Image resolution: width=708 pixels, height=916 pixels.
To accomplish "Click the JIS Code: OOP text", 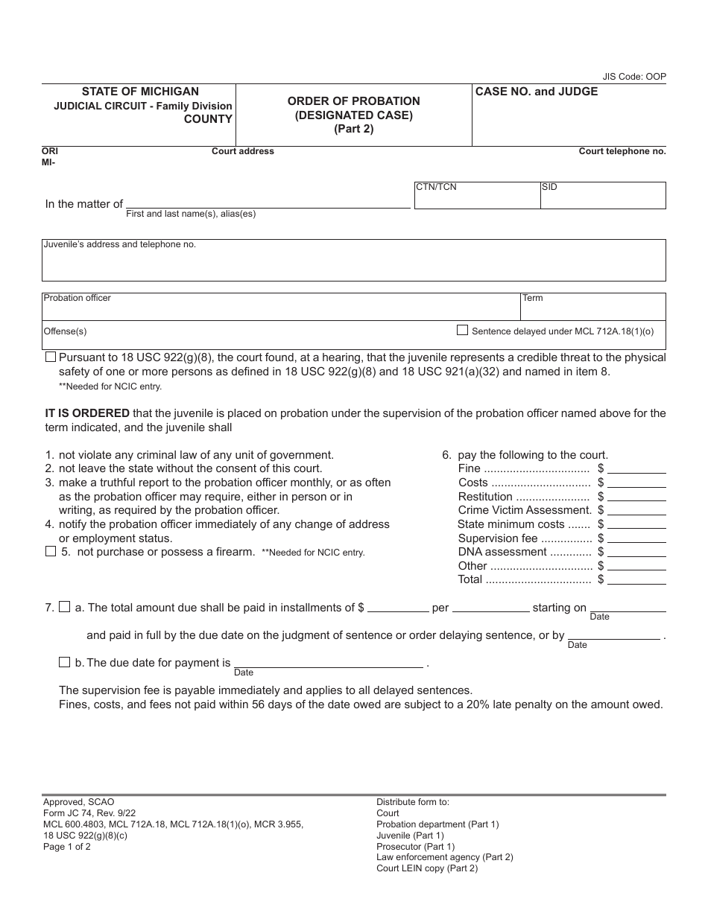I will pyautogui.click(x=634, y=77).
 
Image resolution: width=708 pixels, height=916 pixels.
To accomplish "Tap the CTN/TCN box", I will pyautogui.click(x=476, y=196).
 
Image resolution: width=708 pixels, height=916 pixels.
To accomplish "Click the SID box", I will pyautogui.click(x=602, y=196).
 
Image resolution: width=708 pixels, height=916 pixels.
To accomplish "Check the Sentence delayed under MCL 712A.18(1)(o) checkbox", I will pyautogui.click(x=462, y=331).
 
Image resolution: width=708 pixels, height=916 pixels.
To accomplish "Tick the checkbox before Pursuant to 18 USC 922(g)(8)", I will pyautogui.click(x=50, y=357).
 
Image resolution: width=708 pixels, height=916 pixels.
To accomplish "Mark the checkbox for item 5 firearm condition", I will pyautogui.click(x=51, y=552).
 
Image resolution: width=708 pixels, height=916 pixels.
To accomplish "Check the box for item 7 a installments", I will pyautogui.click(x=64, y=607).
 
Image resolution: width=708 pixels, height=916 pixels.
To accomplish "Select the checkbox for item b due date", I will pyautogui.click(x=64, y=662).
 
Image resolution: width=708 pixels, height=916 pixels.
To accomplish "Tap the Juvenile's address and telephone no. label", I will pyautogui.click(x=119, y=244).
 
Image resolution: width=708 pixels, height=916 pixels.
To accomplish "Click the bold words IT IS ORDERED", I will pyautogui.click(x=87, y=413).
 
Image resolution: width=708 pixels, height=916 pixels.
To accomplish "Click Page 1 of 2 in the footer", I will pyautogui.click(x=67, y=846).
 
